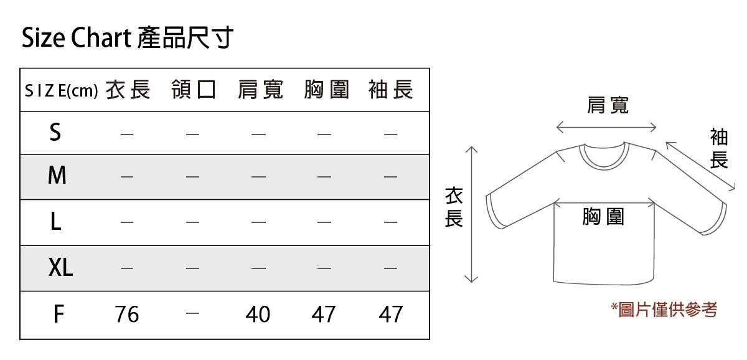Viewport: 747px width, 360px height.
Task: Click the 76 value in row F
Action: [x=127, y=315]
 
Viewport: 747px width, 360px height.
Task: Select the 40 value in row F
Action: [x=258, y=315]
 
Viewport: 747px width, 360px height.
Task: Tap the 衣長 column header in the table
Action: [x=128, y=90]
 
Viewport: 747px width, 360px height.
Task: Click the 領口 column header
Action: [x=194, y=90]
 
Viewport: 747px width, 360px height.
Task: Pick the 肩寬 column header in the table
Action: [x=260, y=90]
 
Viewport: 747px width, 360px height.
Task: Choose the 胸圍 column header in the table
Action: [x=326, y=90]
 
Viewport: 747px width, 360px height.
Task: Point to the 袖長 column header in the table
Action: [x=391, y=90]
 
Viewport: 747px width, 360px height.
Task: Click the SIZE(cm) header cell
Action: [x=62, y=91]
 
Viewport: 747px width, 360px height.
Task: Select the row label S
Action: [x=55, y=132]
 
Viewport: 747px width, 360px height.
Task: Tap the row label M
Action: [x=57, y=175]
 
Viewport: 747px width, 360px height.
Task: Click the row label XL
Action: [x=60, y=267]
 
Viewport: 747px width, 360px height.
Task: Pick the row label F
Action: [x=59, y=315]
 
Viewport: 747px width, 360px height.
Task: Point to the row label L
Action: [x=55, y=222]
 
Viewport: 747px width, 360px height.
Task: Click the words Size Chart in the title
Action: [x=77, y=37]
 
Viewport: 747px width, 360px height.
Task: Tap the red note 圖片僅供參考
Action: [x=664, y=310]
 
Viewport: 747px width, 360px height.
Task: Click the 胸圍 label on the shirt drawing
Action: [x=603, y=217]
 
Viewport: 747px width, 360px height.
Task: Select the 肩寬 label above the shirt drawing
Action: [x=608, y=105]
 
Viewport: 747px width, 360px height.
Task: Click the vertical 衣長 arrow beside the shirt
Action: [x=471, y=214]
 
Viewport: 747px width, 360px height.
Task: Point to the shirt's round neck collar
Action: [x=604, y=166]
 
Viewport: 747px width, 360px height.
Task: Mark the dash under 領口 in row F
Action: [x=192, y=313]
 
